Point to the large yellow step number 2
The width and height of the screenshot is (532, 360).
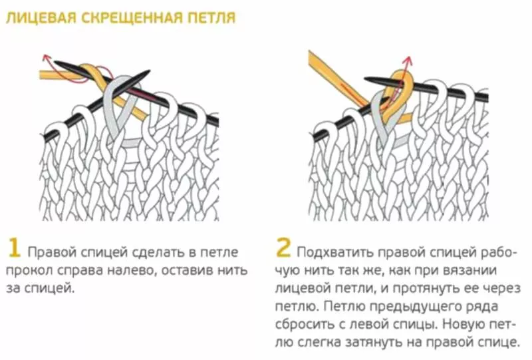pyautogui.click(x=284, y=248)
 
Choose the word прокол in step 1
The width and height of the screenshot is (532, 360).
pyautogui.click(x=29, y=271)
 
